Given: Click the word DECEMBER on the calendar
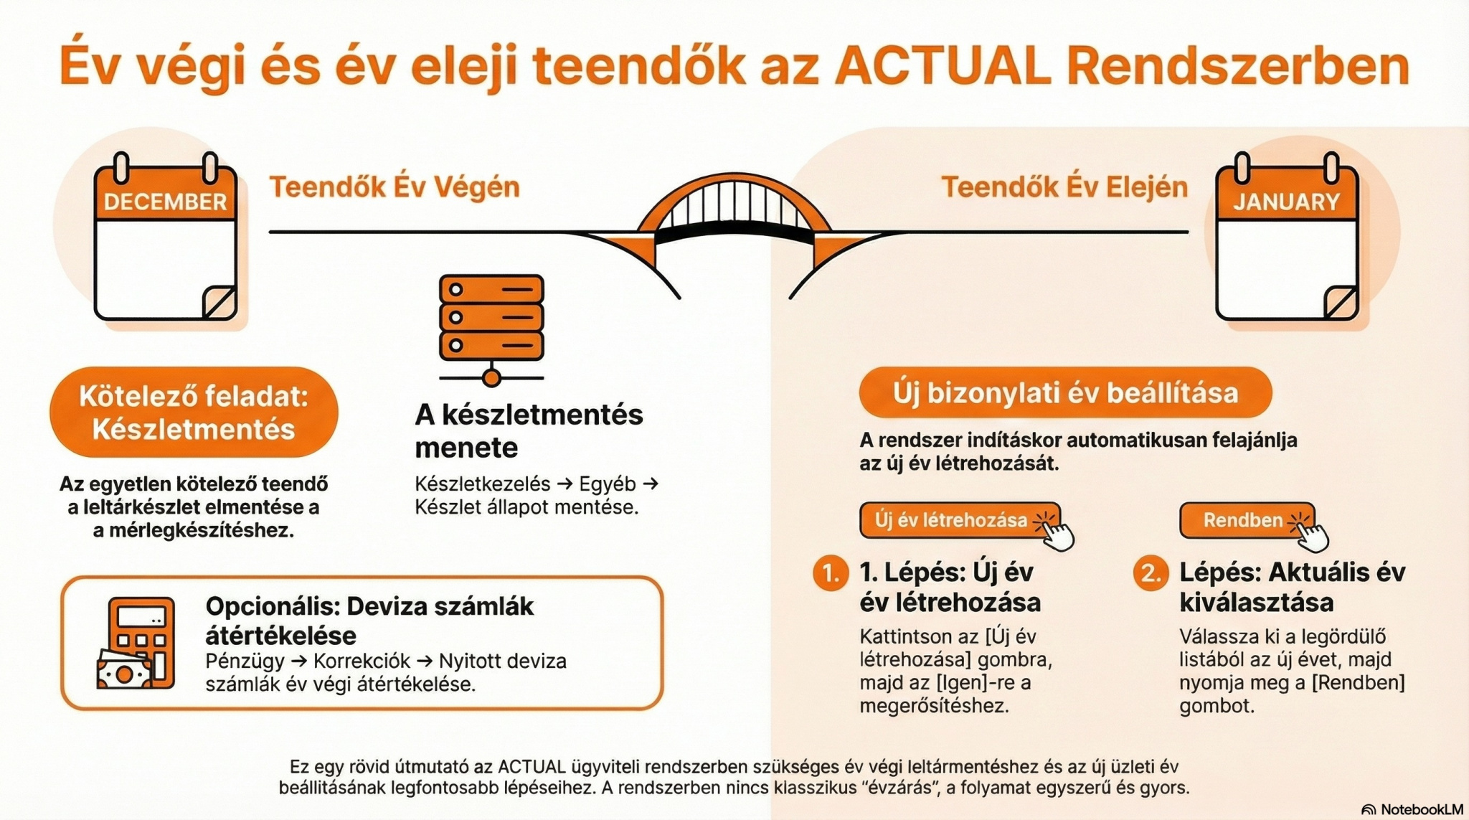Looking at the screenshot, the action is pos(165,202).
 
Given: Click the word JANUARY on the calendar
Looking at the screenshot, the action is pos(1286,202).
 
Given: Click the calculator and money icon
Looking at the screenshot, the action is pos(136,644).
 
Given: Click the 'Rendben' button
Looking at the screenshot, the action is pos(1247,520).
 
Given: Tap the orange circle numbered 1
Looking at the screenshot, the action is pos(831,573).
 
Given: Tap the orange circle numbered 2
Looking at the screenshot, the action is pos(1151,573).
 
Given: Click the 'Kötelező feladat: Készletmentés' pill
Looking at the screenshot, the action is pos(194,413).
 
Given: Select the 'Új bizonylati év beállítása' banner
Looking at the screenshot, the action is pos(1065,393).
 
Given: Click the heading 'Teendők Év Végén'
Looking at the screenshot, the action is pos(395,187).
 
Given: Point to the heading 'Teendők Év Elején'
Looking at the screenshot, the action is pos(1064,187).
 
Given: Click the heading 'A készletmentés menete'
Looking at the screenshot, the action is pos(529,430).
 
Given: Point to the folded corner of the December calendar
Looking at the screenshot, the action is pos(219,302).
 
